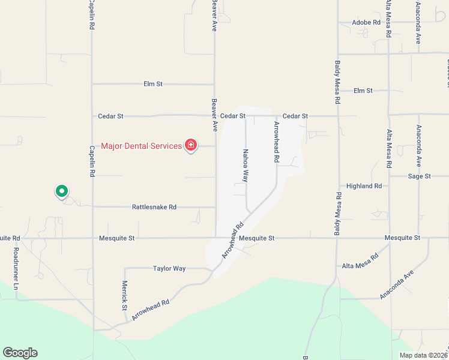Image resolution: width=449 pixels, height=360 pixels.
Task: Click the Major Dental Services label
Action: (x=141, y=146)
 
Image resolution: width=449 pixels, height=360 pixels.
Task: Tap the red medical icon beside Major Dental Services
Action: (x=191, y=145)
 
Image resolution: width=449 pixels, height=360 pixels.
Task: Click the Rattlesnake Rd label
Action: (x=154, y=207)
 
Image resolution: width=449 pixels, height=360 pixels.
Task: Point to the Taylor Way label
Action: (x=169, y=268)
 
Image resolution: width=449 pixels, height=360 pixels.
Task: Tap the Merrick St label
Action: (x=125, y=295)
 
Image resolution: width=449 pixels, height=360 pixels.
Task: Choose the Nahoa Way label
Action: (x=246, y=166)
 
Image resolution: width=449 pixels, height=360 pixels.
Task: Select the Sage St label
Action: (x=419, y=176)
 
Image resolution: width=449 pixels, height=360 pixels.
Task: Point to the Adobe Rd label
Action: (x=367, y=22)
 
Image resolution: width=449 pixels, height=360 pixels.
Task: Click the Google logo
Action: (x=20, y=353)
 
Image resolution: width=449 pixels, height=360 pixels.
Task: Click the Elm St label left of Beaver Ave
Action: (x=153, y=84)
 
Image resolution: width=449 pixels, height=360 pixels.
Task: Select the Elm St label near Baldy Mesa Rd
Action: (x=363, y=91)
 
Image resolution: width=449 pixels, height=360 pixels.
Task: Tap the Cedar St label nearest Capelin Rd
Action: (x=110, y=116)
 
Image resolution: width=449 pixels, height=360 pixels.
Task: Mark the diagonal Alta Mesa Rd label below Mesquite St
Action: (x=360, y=260)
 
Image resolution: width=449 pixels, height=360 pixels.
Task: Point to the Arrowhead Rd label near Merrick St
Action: (x=151, y=310)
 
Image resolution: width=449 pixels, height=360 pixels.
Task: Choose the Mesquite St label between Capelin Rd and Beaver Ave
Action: (x=116, y=238)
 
